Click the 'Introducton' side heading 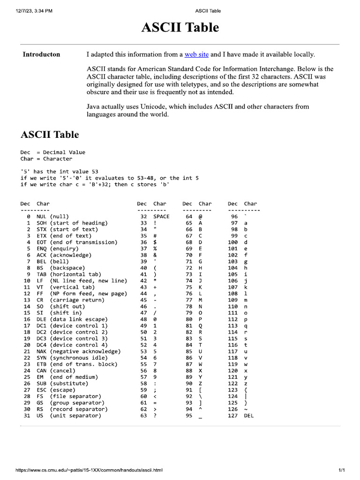[x=41, y=54]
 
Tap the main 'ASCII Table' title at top [x=180, y=28]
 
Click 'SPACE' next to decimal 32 [x=161, y=217]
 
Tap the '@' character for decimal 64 [x=201, y=217]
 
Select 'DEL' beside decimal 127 [x=249, y=415]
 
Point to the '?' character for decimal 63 [x=155, y=415]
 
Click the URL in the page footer [x=89, y=470]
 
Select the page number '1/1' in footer [x=341, y=470]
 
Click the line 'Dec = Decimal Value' [x=53, y=152]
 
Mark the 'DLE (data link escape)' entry [x=72, y=319]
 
